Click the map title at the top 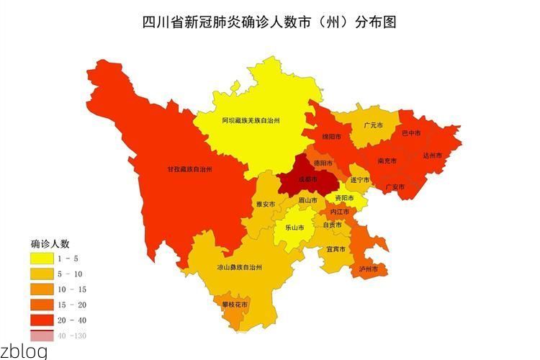click(269, 22)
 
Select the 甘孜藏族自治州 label click(189, 168)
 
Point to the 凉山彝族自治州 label click(239, 266)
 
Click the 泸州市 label click(368, 269)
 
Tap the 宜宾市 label click(336, 248)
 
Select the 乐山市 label click(294, 227)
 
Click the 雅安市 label click(266, 204)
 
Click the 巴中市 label click(411, 133)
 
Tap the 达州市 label click(432, 155)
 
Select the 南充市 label click(387, 161)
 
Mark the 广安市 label click(395, 186)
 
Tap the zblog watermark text click(24, 351)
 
